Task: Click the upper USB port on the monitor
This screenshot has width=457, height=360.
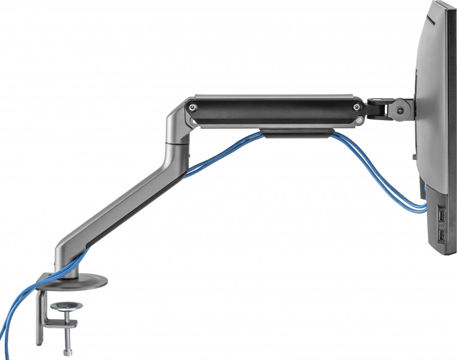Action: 441,216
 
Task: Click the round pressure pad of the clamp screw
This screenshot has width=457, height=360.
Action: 66,306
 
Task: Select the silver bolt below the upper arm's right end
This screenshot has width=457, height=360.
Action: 359,122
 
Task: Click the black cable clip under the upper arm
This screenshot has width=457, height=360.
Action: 297,133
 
